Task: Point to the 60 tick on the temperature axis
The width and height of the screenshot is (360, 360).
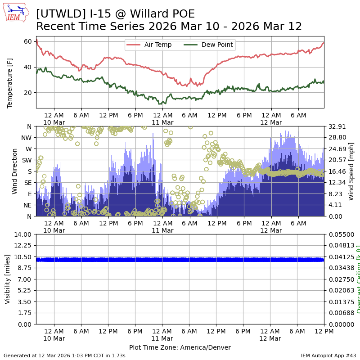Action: [x=27, y=41]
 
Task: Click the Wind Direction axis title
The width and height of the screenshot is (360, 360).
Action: [x=15, y=171]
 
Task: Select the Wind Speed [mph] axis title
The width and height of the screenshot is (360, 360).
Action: [x=351, y=171]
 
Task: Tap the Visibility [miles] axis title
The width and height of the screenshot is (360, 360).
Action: [x=8, y=279]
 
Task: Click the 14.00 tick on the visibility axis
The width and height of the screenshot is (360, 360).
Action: [x=23, y=234]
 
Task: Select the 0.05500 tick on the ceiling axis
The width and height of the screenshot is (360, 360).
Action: [x=339, y=234]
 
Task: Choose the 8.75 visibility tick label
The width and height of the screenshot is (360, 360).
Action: [x=25, y=268]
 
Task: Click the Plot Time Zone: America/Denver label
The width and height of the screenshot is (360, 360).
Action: [x=180, y=347]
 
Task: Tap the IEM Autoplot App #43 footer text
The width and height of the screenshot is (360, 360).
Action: [x=328, y=355]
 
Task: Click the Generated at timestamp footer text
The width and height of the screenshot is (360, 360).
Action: [x=64, y=355]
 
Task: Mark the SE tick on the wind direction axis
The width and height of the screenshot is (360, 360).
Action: [x=28, y=182]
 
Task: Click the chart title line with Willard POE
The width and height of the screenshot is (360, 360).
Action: [x=116, y=14]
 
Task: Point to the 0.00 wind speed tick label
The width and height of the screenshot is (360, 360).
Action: [x=334, y=216]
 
